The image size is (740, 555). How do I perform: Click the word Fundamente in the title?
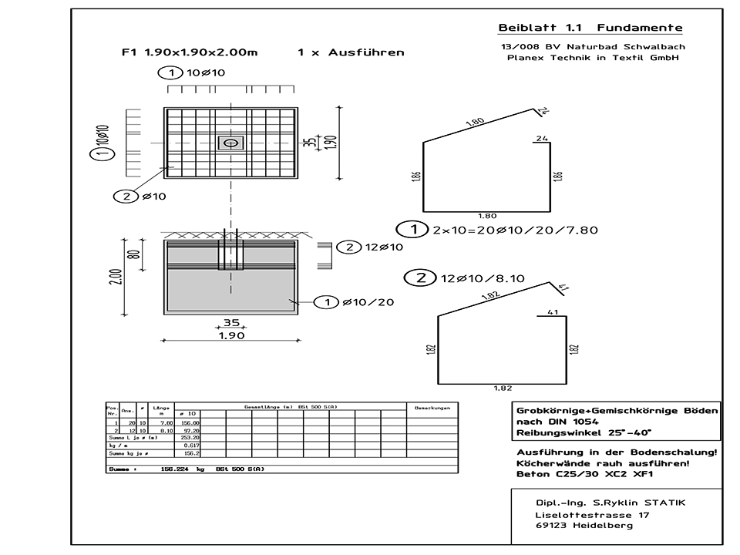coord(646,28)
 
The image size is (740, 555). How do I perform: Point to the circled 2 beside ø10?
coord(125,197)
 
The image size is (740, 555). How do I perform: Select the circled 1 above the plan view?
coord(166,73)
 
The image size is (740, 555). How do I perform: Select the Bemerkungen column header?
coord(432,407)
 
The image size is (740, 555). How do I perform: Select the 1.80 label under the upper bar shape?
coord(486,217)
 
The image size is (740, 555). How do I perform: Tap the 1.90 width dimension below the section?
coord(230,337)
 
